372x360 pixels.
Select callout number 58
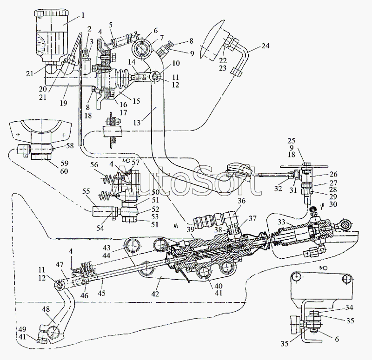tap(70, 146)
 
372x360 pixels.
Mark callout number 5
tap(111, 25)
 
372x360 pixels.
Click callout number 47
tap(60, 264)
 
